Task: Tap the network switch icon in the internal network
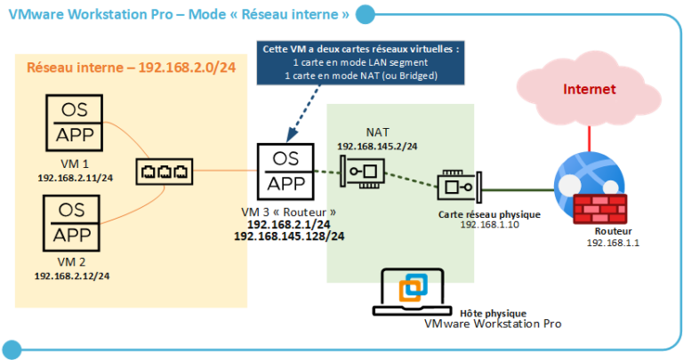point(163,172)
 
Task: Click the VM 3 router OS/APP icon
point(289,172)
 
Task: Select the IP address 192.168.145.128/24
point(289,236)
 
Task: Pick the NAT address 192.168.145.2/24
point(377,145)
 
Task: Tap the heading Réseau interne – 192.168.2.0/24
point(135,68)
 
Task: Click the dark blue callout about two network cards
point(359,62)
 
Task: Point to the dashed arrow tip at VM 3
point(290,140)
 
